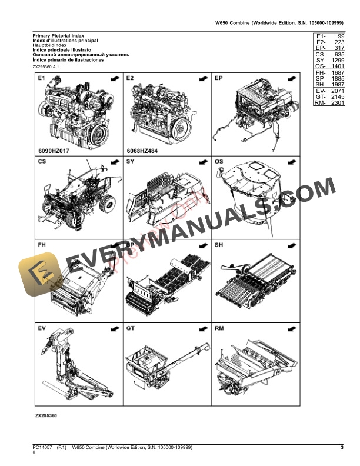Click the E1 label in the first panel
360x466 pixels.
coord(42,78)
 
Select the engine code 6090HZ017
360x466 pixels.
coord(54,150)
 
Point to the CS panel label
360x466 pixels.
coord(42,161)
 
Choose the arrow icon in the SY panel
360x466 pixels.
coord(202,161)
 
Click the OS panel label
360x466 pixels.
coord(219,161)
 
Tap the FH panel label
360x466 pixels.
coord(42,244)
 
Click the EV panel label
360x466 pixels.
coord(42,327)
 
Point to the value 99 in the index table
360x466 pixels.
coord(340,36)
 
